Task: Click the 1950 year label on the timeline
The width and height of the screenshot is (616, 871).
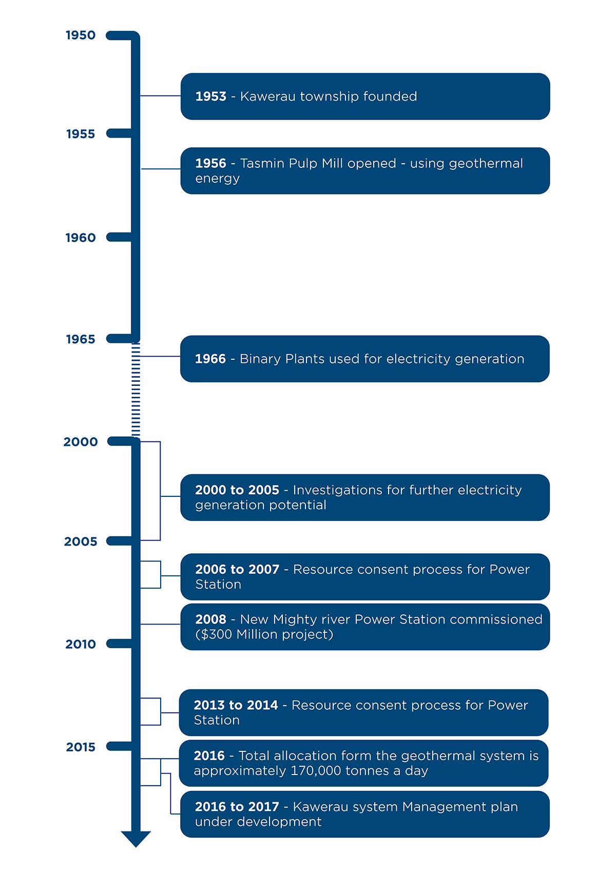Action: pyautogui.click(x=81, y=35)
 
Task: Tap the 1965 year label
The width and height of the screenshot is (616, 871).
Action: pyautogui.click(x=81, y=339)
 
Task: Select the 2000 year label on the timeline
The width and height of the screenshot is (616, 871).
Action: pyautogui.click(x=81, y=442)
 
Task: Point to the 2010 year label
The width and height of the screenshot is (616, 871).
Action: pyautogui.click(x=81, y=644)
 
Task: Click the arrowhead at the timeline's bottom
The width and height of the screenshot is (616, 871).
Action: pyautogui.click(x=136, y=838)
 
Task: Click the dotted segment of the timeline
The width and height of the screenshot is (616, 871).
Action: pyautogui.click(x=136, y=390)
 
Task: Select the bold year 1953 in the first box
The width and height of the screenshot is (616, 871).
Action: pyautogui.click(x=210, y=96)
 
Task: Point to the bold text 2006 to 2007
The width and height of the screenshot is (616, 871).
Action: pyautogui.click(x=237, y=570)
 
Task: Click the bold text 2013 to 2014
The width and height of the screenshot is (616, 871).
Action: pyautogui.click(x=236, y=706)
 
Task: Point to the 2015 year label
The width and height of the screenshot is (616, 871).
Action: pyautogui.click(x=81, y=747)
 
